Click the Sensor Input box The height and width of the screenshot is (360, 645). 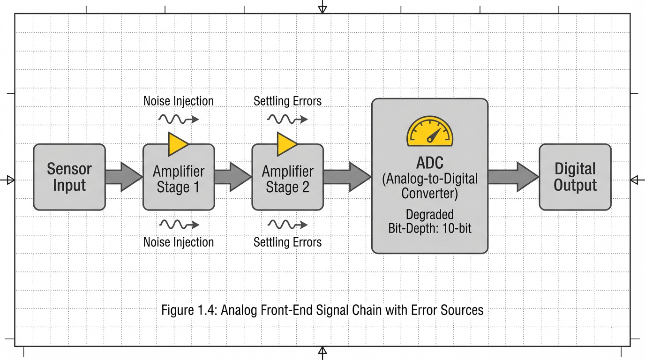point(69,177)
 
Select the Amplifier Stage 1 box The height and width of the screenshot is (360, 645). point(178,179)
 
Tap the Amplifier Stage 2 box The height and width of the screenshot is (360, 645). point(287,179)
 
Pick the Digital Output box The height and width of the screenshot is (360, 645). point(575,177)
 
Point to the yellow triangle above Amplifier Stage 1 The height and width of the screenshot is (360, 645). point(178,143)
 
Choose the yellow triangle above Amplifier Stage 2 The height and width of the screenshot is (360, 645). point(287,143)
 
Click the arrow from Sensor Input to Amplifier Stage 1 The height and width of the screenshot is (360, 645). point(123,177)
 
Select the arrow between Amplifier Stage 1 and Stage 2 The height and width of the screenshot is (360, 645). point(233,177)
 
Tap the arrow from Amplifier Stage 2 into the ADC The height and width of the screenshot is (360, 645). point(347,177)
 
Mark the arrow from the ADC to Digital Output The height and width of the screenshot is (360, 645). point(513,177)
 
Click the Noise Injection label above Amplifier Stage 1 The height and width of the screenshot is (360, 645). point(179,101)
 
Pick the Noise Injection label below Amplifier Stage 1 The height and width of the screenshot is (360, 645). point(179,242)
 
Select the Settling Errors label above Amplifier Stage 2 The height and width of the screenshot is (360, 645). point(288,101)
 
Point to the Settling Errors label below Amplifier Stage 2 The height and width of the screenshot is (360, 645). point(288,242)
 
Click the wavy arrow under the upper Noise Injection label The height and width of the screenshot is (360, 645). point(179,119)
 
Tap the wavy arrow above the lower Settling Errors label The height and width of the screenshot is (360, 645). point(287,225)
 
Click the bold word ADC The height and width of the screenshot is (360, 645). point(429,164)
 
